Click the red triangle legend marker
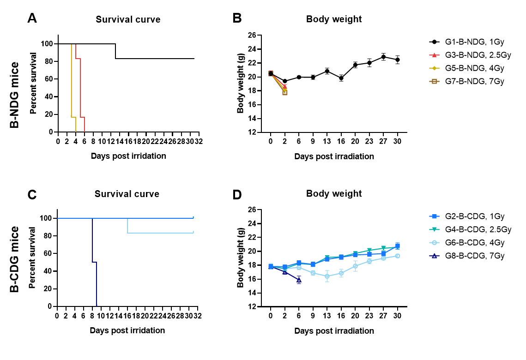pyautogui.click(x=434, y=55)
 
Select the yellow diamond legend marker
pyautogui.click(x=434, y=68)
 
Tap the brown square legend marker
pyautogui.click(x=434, y=81)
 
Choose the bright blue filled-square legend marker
pyautogui.click(x=434, y=216)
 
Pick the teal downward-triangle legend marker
pyautogui.click(x=434, y=229)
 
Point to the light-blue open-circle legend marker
pyautogui.click(x=434, y=242)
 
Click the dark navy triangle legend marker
pyautogui.click(x=434, y=256)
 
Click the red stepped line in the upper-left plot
pyautogui.click(x=80, y=88)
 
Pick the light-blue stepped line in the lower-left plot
pyautogui.click(x=162, y=233)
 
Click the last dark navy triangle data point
pyautogui.click(x=299, y=280)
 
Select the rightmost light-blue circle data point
pyautogui.click(x=398, y=256)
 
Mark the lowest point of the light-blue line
pyautogui.click(x=327, y=276)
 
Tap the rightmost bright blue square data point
pyautogui.click(x=398, y=246)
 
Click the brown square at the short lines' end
pyautogui.click(x=285, y=93)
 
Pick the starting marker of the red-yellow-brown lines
pyautogui.click(x=271, y=73)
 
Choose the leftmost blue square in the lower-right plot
pyautogui.click(x=271, y=266)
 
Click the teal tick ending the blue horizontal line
pyautogui.click(x=193, y=217)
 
